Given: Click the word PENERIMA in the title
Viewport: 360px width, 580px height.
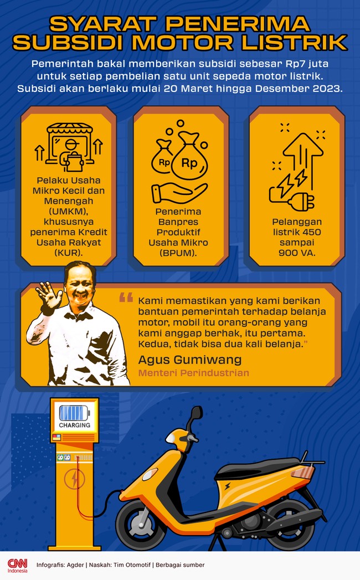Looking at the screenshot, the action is click(x=237, y=24).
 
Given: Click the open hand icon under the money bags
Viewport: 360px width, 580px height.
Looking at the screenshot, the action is click(x=179, y=193).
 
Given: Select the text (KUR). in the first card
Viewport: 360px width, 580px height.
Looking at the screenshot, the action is click(x=69, y=253).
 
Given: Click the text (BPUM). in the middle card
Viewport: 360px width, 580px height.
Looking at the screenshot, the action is click(x=178, y=253).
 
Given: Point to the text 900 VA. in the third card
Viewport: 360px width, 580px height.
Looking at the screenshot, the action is click(x=297, y=253).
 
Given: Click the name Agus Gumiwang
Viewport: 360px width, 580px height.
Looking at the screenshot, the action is click(x=190, y=359).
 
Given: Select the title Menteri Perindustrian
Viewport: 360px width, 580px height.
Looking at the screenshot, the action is click(x=193, y=373).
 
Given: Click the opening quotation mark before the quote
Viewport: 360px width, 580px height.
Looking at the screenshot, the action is click(x=126, y=297).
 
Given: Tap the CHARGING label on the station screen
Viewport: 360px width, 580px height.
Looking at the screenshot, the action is click(x=74, y=425).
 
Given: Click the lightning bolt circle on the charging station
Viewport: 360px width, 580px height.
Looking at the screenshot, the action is click(x=74, y=479).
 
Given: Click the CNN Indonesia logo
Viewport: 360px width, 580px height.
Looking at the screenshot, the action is click(x=17, y=565).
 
